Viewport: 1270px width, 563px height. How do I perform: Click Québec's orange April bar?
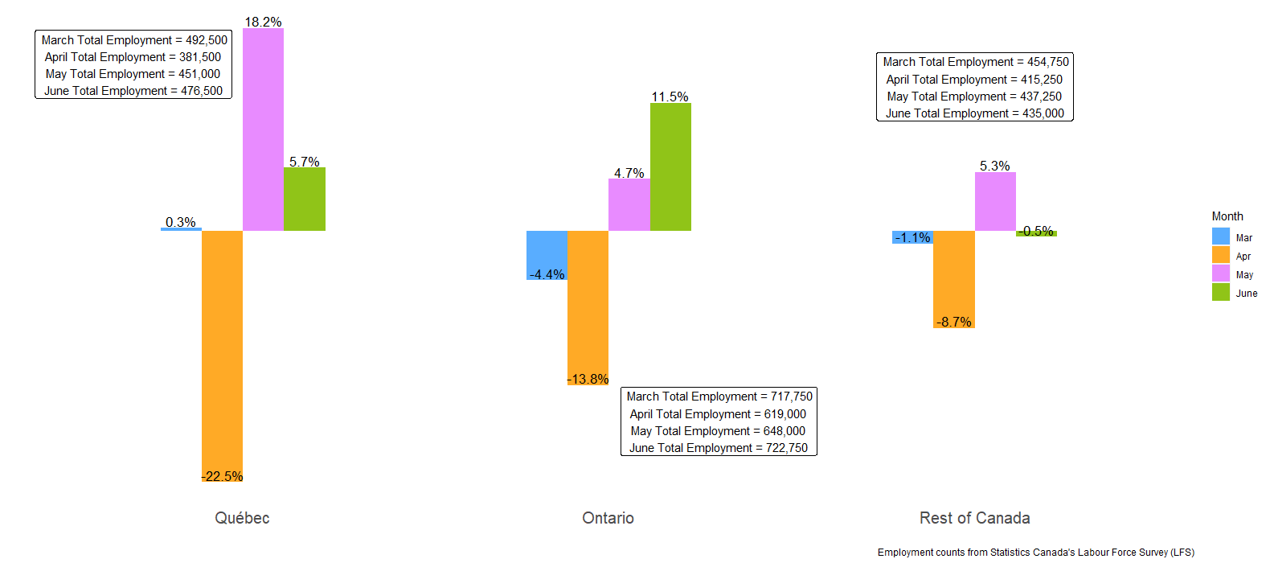[222, 355]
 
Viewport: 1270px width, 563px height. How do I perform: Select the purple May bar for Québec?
[263, 129]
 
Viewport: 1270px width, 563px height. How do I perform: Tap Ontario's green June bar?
[670, 166]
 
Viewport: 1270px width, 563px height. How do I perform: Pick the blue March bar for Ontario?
[547, 255]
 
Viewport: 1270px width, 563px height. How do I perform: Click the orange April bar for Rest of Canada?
[954, 279]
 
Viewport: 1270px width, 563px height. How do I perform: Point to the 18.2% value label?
[263, 22]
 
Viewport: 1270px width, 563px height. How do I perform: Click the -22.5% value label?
[222, 476]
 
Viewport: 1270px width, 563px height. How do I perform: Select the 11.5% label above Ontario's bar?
[670, 97]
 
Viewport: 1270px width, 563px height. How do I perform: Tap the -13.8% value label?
[588, 379]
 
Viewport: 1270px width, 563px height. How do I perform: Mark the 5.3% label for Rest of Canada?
[995, 166]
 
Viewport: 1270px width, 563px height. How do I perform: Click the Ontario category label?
[608, 518]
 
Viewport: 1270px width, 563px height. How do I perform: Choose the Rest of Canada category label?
[975, 518]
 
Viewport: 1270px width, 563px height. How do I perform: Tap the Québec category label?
[242, 518]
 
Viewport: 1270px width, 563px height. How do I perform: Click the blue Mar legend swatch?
[1221, 236]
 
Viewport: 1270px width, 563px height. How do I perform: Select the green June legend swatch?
[1221, 292]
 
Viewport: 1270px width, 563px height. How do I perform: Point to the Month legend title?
[1227, 216]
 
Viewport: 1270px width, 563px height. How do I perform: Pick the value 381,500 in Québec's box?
[200, 57]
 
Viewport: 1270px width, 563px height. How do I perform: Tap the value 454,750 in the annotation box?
[1048, 62]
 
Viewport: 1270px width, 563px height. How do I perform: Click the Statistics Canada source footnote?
[1036, 553]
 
